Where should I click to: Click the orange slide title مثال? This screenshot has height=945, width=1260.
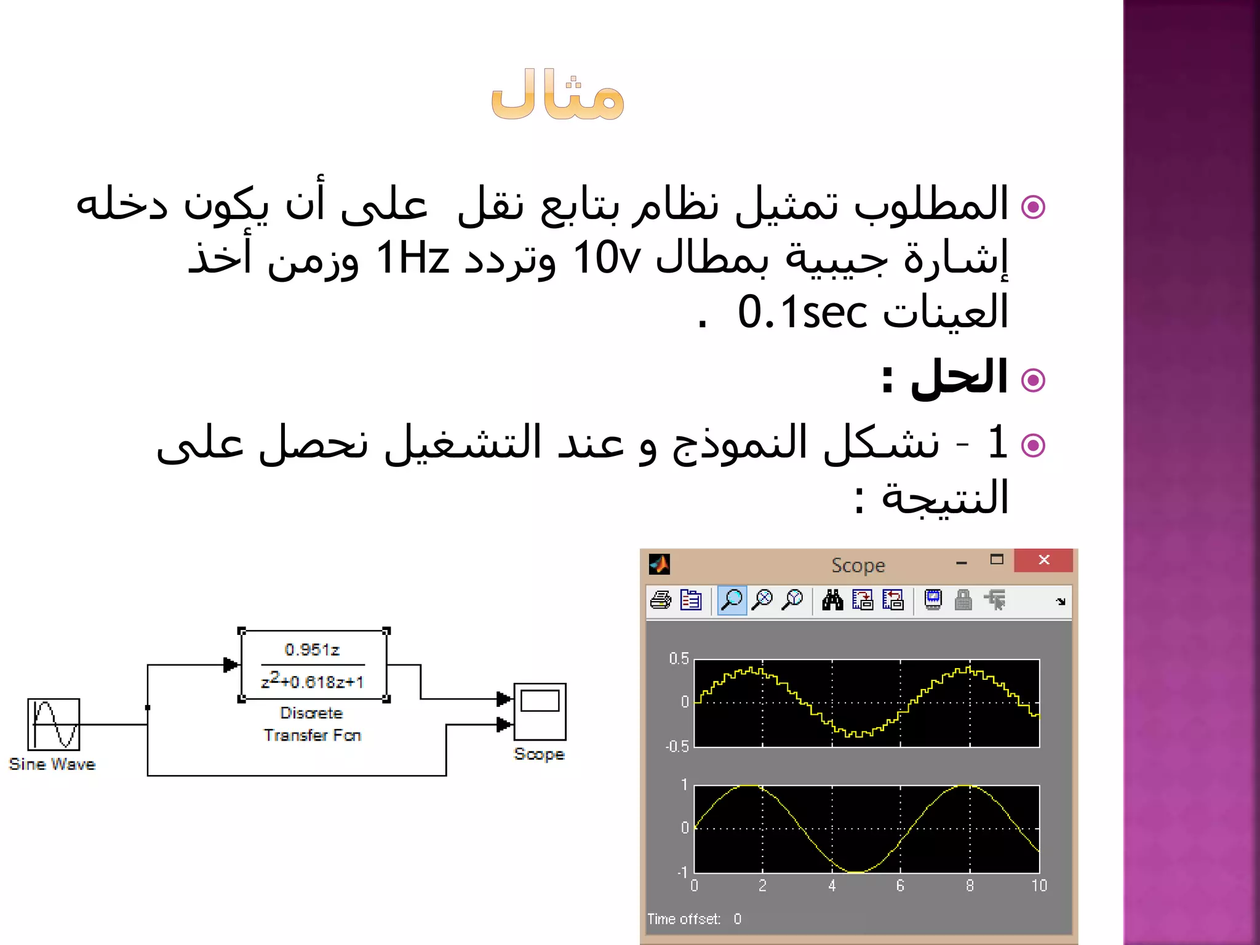click(x=558, y=95)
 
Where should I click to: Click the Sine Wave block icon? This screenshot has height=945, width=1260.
click(x=54, y=724)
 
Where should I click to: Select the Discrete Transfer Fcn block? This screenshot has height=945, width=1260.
click(x=314, y=665)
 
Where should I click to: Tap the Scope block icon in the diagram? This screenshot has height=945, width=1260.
click(x=540, y=711)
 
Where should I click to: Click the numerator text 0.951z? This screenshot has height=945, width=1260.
click(x=312, y=650)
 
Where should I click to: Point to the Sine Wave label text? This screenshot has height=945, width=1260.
click(x=52, y=764)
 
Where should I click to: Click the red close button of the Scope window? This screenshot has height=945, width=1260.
click(x=1043, y=560)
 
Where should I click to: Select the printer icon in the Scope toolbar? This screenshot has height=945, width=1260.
click(x=661, y=600)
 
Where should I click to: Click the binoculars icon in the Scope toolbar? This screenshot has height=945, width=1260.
click(x=832, y=600)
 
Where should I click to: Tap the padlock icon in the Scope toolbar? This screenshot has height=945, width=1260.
click(x=963, y=600)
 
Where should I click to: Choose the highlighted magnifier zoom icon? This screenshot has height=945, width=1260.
click(x=732, y=600)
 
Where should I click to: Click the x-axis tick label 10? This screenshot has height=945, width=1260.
click(x=1039, y=885)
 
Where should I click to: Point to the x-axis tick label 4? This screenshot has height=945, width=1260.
click(x=832, y=885)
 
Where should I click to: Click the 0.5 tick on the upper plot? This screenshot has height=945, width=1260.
click(x=679, y=659)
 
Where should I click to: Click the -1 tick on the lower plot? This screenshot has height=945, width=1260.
click(x=682, y=872)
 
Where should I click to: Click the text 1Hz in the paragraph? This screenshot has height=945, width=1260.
click(x=412, y=258)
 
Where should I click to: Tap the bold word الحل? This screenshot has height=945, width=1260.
click(x=959, y=377)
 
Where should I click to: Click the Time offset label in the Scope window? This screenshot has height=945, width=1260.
click(x=684, y=919)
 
